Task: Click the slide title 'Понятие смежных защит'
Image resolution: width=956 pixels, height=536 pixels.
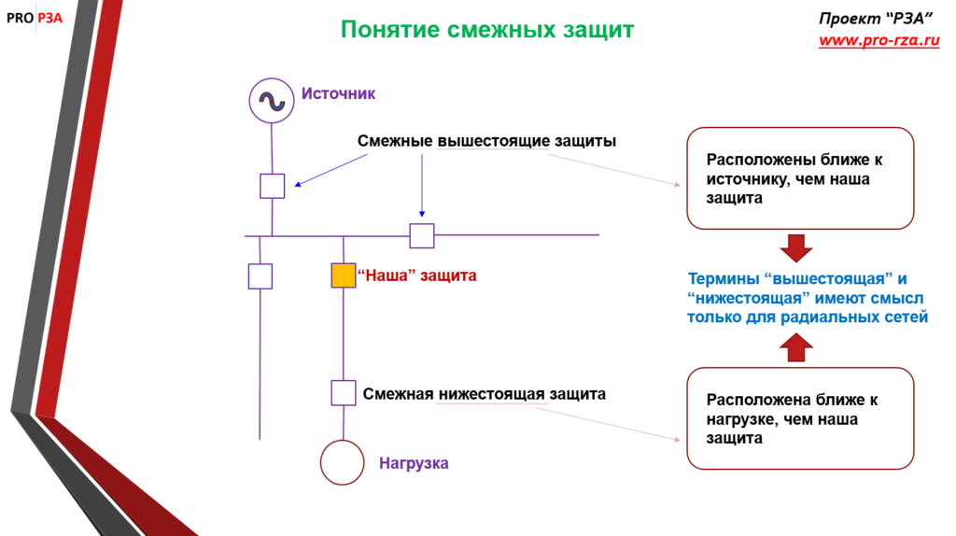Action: point(486,30)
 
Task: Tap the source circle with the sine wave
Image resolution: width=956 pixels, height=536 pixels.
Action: point(272,100)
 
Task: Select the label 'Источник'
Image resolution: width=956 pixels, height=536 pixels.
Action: point(338,93)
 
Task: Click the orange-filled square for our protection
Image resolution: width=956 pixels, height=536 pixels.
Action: point(344,275)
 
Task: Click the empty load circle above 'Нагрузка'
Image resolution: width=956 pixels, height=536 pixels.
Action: point(342,461)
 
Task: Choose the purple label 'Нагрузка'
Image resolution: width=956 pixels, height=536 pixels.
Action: point(414,463)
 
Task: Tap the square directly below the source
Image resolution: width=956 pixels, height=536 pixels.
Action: point(272,186)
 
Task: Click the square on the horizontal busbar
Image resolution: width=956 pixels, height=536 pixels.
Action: point(422,235)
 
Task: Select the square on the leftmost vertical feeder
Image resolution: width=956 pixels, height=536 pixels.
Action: point(260,276)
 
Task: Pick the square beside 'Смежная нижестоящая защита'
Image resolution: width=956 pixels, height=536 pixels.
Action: point(344,393)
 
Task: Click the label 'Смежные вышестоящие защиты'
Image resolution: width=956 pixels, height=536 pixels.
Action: point(486,141)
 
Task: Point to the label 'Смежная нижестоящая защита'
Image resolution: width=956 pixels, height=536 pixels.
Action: point(485,394)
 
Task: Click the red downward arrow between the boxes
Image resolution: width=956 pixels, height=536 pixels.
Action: point(796,248)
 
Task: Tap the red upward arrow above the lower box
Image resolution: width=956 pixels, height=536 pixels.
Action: point(796,348)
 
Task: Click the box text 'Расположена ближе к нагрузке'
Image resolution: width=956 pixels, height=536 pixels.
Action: point(792,418)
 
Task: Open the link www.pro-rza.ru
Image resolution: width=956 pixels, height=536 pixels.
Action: point(879,41)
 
